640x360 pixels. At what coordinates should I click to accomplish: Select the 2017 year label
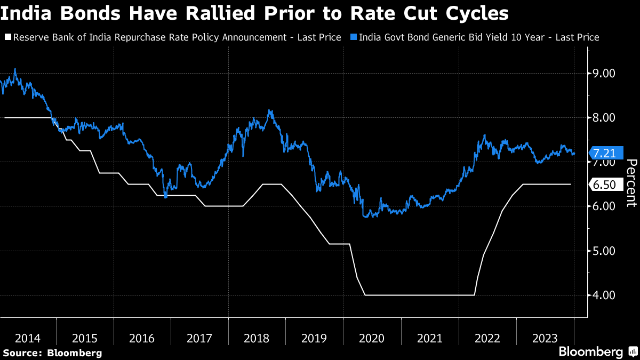(x=199, y=338)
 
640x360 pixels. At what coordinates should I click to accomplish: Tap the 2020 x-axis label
(x=372, y=338)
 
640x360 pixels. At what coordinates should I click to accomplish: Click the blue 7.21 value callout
(x=604, y=154)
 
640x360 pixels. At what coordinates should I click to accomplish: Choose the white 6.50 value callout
(x=604, y=185)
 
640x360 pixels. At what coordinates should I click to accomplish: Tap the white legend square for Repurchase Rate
(x=7, y=37)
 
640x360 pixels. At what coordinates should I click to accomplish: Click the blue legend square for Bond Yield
(x=353, y=37)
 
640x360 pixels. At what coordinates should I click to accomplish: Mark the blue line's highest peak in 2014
(x=14, y=69)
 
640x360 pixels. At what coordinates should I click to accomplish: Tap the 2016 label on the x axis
(x=142, y=338)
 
